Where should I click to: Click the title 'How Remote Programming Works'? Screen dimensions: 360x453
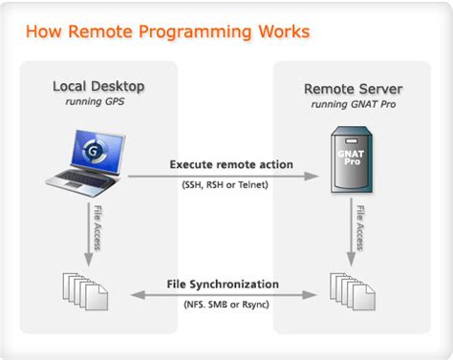tap(167, 32)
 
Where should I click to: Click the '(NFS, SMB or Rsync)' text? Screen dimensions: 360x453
tap(226, 304)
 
